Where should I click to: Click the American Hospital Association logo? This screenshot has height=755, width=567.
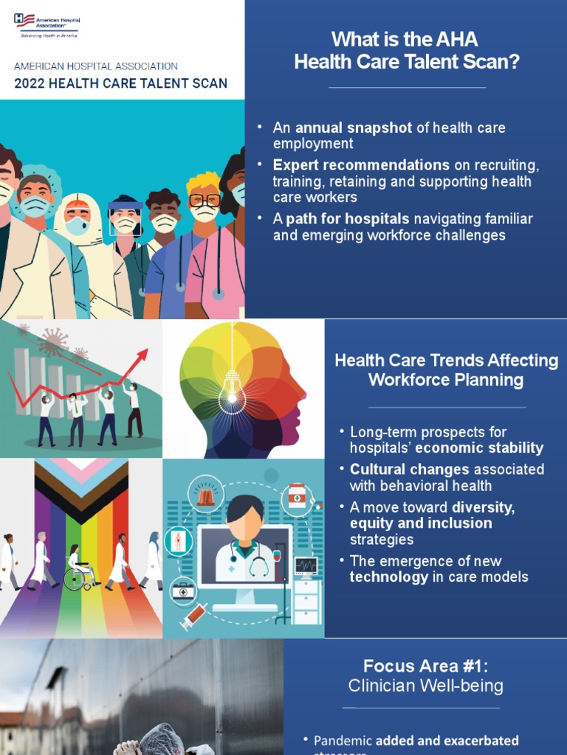45,24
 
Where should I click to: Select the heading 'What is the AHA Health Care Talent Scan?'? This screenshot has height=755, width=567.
406,50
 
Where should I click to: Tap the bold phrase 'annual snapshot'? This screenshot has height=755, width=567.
354,128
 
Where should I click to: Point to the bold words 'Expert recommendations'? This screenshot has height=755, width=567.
361,164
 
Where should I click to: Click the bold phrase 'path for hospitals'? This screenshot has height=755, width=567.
348,219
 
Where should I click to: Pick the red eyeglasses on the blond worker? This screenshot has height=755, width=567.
205,200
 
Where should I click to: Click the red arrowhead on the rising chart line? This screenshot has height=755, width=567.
142,355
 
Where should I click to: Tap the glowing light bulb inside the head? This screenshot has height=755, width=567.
233,397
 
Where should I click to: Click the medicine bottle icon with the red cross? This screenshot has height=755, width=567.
296,495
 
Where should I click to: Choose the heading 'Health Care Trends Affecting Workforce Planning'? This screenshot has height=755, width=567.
446,370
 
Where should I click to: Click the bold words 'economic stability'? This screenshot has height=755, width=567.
479,448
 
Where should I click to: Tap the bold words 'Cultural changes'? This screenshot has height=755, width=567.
409,470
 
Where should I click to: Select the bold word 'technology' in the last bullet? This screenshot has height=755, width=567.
388,577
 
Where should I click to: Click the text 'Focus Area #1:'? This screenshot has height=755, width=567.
425,667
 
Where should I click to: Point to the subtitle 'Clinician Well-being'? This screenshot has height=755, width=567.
425,686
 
